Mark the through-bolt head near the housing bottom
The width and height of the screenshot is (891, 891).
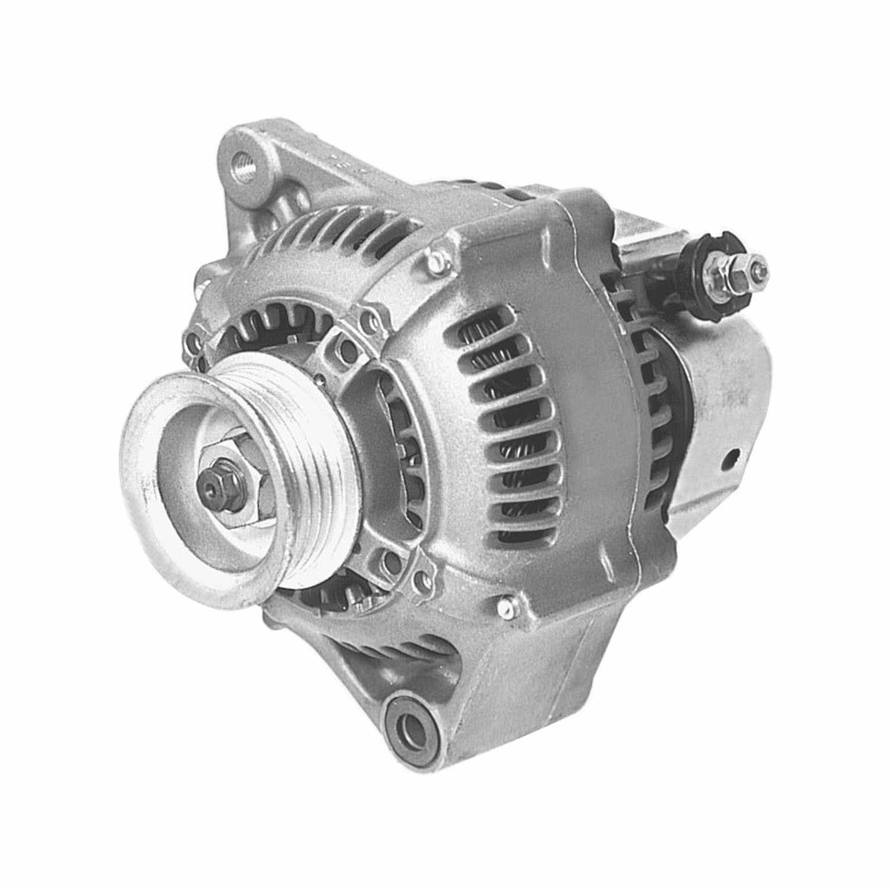coord(505,606)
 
